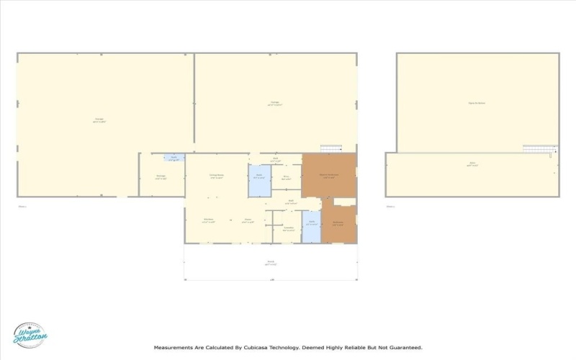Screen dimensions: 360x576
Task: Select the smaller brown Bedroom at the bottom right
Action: pyautogui.click(x=338, y=223)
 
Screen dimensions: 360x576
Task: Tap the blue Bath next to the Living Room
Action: pyautogui.click(x=259, y=181)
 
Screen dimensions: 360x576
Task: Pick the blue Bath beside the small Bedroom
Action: pyautogui.click(x=311, y=230)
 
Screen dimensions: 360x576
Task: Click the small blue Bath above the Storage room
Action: pyautogui.click(x=174, y=158)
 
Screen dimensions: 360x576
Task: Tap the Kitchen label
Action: pyautogui.click(x=208, y=220)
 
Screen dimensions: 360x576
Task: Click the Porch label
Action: pyautogui.click(x=271, y=262)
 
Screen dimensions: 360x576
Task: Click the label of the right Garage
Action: pyautogui.click(x=275, y=104)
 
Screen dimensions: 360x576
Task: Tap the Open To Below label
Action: pyautogui.click(x=477, y=103)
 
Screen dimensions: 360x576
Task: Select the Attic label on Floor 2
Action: pyautogui.click(x=472, y=164)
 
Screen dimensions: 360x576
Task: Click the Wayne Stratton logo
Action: pyautogui.click(x=30, y=335)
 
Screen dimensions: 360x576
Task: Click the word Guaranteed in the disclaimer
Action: pyautogui.click(x=405, y=347)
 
